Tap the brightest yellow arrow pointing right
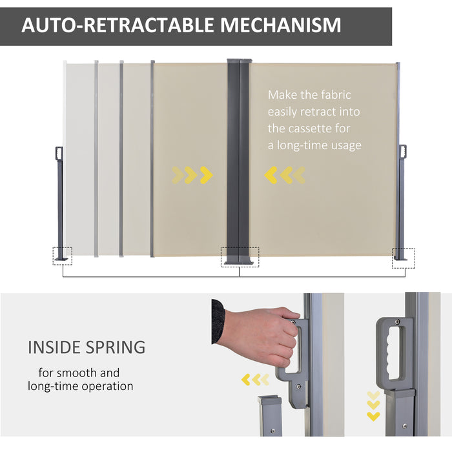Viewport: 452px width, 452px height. tap(206, 175)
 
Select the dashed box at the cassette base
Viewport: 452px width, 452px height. tap(240, 256)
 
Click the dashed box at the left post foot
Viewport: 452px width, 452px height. tap(63, 256)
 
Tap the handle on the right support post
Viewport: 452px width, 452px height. tap(403, 151)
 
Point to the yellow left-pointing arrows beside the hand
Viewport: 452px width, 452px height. tap(255, 380)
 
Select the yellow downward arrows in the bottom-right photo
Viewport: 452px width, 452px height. tap(373, 405)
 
